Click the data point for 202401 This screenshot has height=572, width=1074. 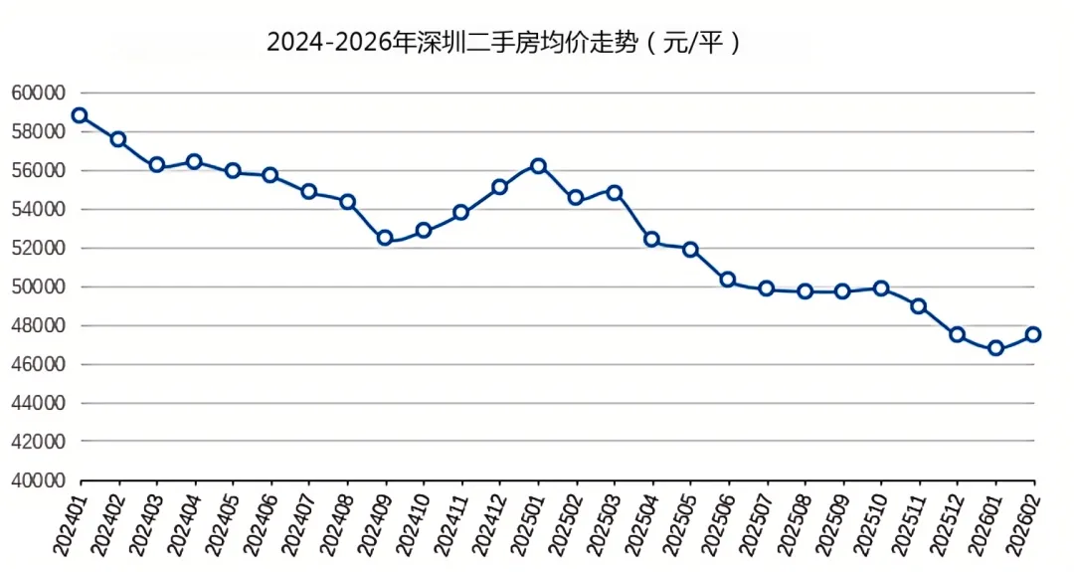[x=81, y=115]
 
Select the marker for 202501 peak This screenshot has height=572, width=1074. [x=538, y=166]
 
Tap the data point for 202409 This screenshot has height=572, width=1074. [x=385, y=239]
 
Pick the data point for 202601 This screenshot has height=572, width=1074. [x=995, y=348]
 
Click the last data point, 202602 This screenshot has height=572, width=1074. [x=1033, y=335]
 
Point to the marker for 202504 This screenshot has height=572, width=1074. [x=652, y=239]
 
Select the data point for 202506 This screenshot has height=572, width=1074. [x=728, y=280]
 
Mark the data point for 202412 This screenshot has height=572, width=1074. [x=499, y=187]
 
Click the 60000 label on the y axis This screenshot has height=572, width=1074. [x=39, y=93]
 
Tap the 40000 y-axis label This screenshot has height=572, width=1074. [x=39, y=480]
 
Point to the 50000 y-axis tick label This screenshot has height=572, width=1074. [x=39, y=287]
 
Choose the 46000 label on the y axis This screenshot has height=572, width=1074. [x=39, y=364]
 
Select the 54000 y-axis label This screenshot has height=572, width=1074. [x=39, y=209]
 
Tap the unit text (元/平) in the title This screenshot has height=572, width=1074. [x=692, y=43]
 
